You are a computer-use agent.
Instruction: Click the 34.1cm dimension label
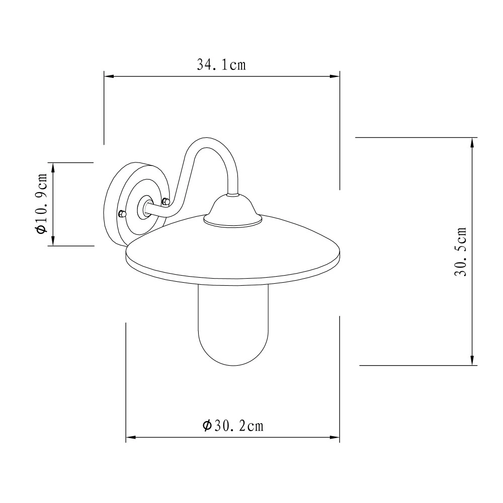[x=221, y=65]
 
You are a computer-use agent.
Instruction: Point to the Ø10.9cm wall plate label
[x=41, y=204]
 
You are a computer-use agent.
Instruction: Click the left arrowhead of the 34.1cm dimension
[x=108, y=76]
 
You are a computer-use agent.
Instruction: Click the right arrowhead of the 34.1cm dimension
[x=336, y=76]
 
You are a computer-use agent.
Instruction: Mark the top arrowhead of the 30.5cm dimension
[x=472, y=141]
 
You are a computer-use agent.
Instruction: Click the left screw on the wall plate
[x=121, y=214]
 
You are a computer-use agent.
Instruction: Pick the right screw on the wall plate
[x=166, y=201]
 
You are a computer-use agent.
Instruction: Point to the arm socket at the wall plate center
[x=145, y=207]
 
